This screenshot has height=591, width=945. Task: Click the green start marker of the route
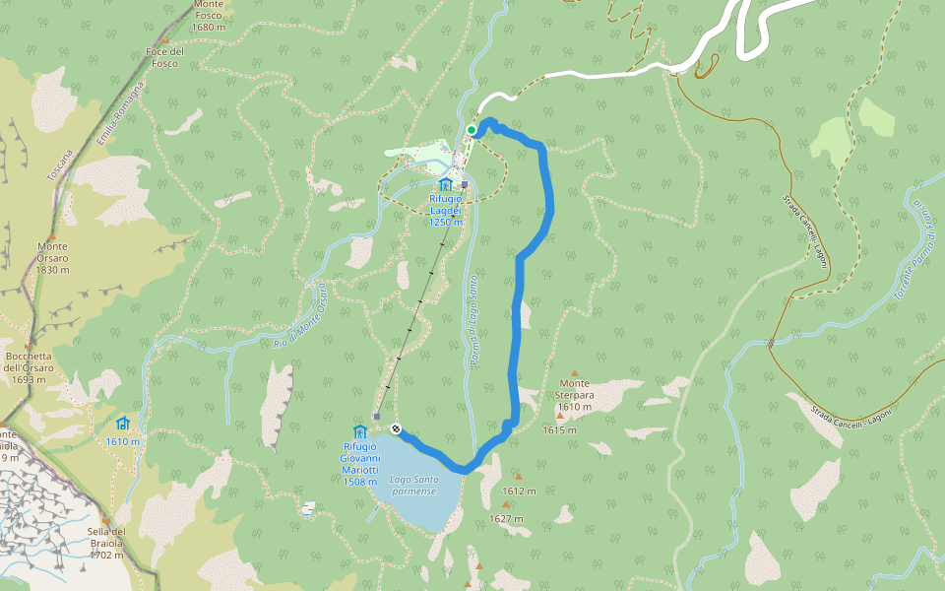(472, 130)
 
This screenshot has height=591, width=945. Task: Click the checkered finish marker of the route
(395, 428)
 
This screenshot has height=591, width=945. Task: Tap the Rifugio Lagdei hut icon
(445, 183)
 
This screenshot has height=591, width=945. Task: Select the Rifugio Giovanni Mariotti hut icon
(359, 431)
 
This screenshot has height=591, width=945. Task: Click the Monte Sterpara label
(574, 389)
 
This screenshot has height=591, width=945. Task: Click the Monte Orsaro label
(53, 258)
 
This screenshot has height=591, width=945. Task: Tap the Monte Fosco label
(209, 16)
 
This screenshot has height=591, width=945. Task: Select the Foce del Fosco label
(165, 57)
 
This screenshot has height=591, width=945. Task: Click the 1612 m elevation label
(519, 491)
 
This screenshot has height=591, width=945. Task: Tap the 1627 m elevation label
(506, 519)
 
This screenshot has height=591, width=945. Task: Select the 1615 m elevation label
(559, 430)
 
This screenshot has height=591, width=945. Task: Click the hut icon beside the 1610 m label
(123, 424)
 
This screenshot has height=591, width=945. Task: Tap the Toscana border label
(60, 164)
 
